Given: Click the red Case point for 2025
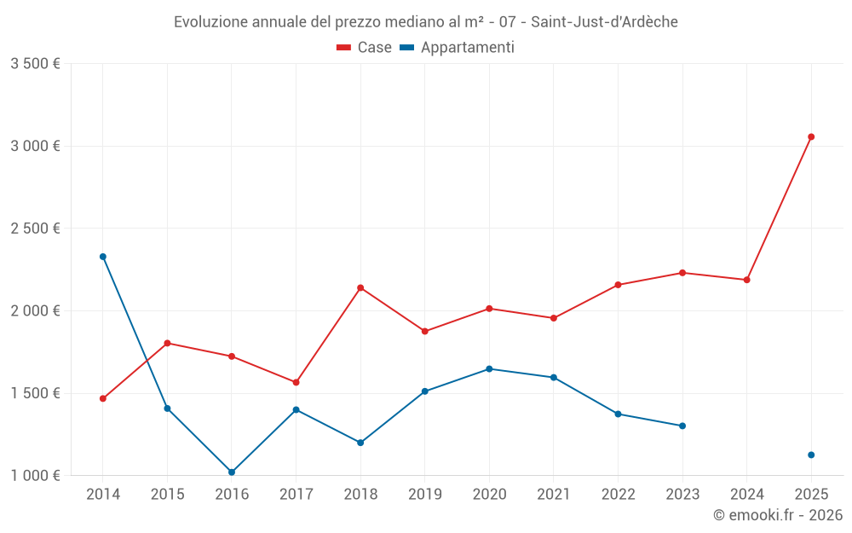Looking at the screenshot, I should pos(811,136).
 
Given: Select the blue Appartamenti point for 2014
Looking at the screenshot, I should pos(103,257).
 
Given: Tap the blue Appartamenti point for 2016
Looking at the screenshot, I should pos(232,472).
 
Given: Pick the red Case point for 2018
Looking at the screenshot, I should pos(360,287).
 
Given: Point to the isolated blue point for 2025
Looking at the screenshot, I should pos(811,455).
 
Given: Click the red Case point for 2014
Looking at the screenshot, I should pos(103,398).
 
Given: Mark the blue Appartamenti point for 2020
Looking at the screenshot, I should pos(489,368).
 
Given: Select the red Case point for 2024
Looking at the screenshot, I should pos(747,280).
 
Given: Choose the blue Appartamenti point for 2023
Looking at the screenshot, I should pos(682,426).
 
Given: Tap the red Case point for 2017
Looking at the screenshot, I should pos(296,382).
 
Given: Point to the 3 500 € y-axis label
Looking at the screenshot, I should pos(35,64).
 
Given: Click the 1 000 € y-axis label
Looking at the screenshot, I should pos(35,476).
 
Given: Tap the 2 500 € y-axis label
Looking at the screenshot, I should pos(35,229).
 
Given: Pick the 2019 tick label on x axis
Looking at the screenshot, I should pos(425,494).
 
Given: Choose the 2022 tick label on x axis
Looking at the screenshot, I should pos(618,494).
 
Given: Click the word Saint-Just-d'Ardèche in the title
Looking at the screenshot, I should pos(604,22).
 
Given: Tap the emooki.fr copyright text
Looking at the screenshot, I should pos(778,515).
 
